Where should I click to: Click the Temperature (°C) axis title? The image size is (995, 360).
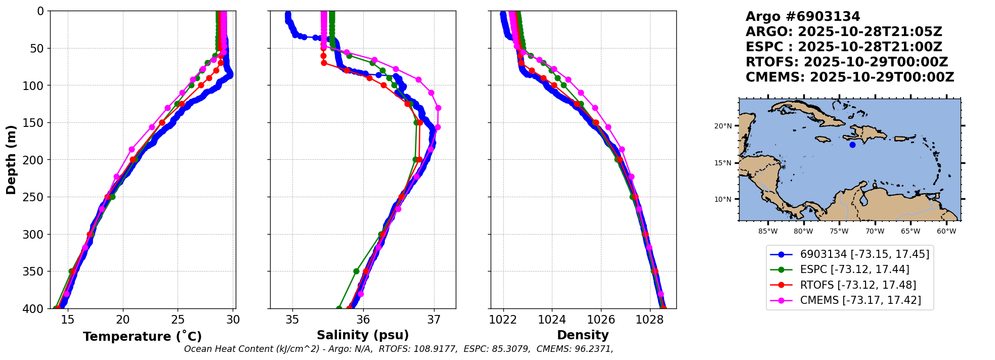pos(142,336)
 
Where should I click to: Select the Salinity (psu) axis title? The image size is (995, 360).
pos(363,335)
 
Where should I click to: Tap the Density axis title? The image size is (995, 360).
pos(583,335)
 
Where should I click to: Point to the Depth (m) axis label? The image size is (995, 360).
pos(11,160)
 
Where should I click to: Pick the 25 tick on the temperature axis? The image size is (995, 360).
pos(178,320)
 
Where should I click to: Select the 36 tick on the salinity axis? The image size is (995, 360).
pos(363,320)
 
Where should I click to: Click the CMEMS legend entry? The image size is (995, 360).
pos(860,300)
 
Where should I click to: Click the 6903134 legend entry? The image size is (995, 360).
pos(864,254)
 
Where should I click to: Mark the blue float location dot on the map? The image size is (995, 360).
pos(852,145)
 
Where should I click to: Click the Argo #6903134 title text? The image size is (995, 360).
pos(803,17)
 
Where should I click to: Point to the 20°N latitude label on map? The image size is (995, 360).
pos(723,126)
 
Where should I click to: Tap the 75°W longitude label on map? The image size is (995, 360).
pos(839,232)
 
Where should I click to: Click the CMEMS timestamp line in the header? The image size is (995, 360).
pos(850,77)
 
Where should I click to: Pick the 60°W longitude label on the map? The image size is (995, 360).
pos(946,232)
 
